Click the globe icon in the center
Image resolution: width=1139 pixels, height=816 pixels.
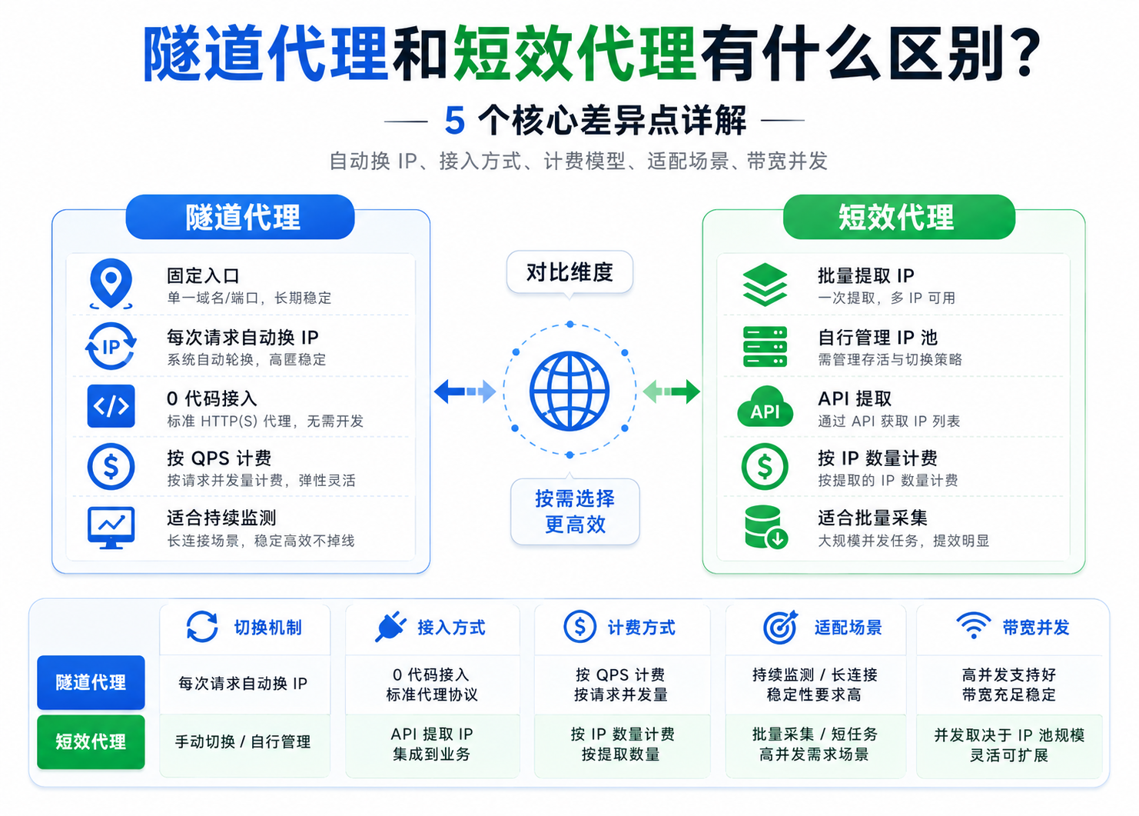[x=569, y=391]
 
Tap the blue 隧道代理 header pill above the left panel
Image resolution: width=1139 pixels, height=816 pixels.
[x=240, y=217]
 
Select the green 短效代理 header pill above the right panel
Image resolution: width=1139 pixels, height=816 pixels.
[x=899, y=217]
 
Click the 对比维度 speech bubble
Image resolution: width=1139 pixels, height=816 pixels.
[x=569, y=273]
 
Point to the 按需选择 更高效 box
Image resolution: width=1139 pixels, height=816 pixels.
[x=575, y=511]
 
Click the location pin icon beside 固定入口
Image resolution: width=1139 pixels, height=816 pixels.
[x=111, y=284]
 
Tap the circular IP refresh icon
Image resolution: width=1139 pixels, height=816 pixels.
[x=111, y=346]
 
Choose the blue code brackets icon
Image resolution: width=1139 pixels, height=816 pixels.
[x=111, y=406]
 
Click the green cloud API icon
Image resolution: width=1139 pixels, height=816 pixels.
[x=765, y=407]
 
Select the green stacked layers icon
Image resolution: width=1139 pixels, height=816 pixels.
[x=765, y=284]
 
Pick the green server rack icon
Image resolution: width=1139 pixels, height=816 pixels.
[x=765, y=346]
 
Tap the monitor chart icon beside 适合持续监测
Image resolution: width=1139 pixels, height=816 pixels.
[x=111, y=528]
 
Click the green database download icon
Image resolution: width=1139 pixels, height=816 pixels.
[x=765, y=527]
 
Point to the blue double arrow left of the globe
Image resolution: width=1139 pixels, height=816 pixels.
[x=465, y=391]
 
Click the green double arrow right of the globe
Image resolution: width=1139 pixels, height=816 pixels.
[x=672, y=391]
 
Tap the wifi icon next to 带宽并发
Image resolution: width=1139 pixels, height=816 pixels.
[x=973, y=625]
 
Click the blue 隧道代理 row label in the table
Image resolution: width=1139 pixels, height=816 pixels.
[x=91, y=682]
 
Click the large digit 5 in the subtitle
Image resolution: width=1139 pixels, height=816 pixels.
[x=454, y=121]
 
